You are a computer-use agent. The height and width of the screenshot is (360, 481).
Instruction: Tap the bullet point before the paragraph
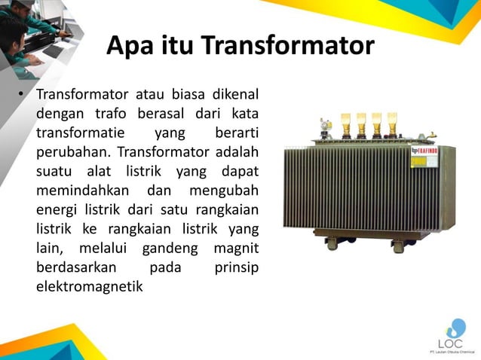[23, 96]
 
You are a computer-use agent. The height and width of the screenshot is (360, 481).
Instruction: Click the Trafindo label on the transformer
[427, 151]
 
